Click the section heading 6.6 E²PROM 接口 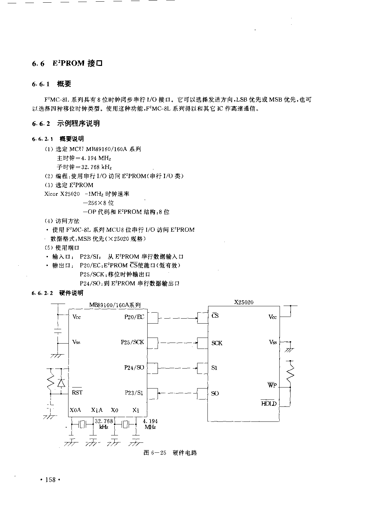point(67,63)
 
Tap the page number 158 point(51,480)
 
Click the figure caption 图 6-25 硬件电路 point(170,452)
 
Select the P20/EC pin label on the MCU point(134,317)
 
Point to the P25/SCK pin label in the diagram point(132,342)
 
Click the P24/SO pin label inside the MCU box point(134,368)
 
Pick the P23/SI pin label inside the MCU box point(134,393)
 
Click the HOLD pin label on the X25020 point(269,403)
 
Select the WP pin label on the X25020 point(272,385)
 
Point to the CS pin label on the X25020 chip point(215,315)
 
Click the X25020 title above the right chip point(244,302)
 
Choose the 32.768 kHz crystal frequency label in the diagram point(104,424)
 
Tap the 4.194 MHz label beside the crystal point(150,424)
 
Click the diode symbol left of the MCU point(61,383)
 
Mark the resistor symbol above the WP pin point(290,374)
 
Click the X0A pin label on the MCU point(75,410)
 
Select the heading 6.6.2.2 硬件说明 point(58,293)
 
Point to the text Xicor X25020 point(62,194)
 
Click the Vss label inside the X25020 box point(273,342)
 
